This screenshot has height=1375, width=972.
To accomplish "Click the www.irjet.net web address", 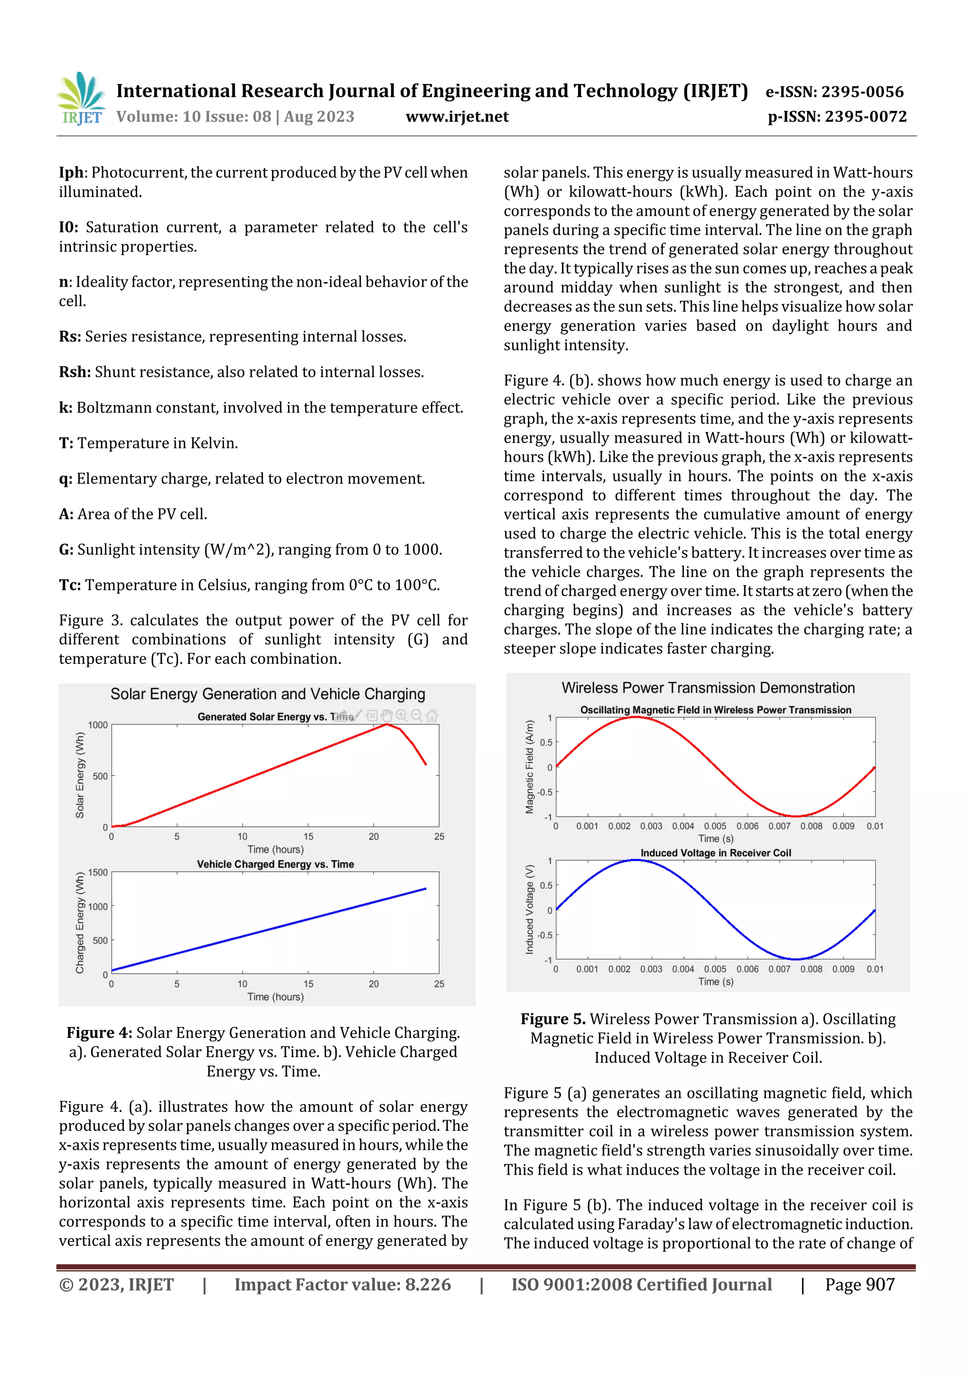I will coord(457,117).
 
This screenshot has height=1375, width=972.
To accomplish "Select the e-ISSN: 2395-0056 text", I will coord(834,92).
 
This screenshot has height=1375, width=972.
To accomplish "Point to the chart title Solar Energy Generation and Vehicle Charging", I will coord(268,694).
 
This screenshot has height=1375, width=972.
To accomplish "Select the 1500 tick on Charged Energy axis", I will coord(98,872).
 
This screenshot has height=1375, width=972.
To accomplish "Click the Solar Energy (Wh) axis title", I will coord(80,775).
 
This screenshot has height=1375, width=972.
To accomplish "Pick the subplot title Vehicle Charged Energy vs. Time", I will coord(275,864).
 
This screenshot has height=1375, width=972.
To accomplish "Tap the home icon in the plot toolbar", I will coord(432,716).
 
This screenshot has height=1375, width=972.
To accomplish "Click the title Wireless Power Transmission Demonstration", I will coord(708,687).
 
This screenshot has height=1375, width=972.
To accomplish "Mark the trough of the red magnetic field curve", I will coord(796,816).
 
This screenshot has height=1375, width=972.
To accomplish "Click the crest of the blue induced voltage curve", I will coord(636,861).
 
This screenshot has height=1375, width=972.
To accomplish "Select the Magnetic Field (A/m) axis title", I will coord(529,767).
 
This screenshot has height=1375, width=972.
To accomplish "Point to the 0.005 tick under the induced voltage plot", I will coord(715,969).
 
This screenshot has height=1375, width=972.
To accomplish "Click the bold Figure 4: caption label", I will coord(99,1033).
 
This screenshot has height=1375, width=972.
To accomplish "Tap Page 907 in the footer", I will coord(860,1284).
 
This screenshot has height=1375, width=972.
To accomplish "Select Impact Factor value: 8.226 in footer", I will coord(343,1284).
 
